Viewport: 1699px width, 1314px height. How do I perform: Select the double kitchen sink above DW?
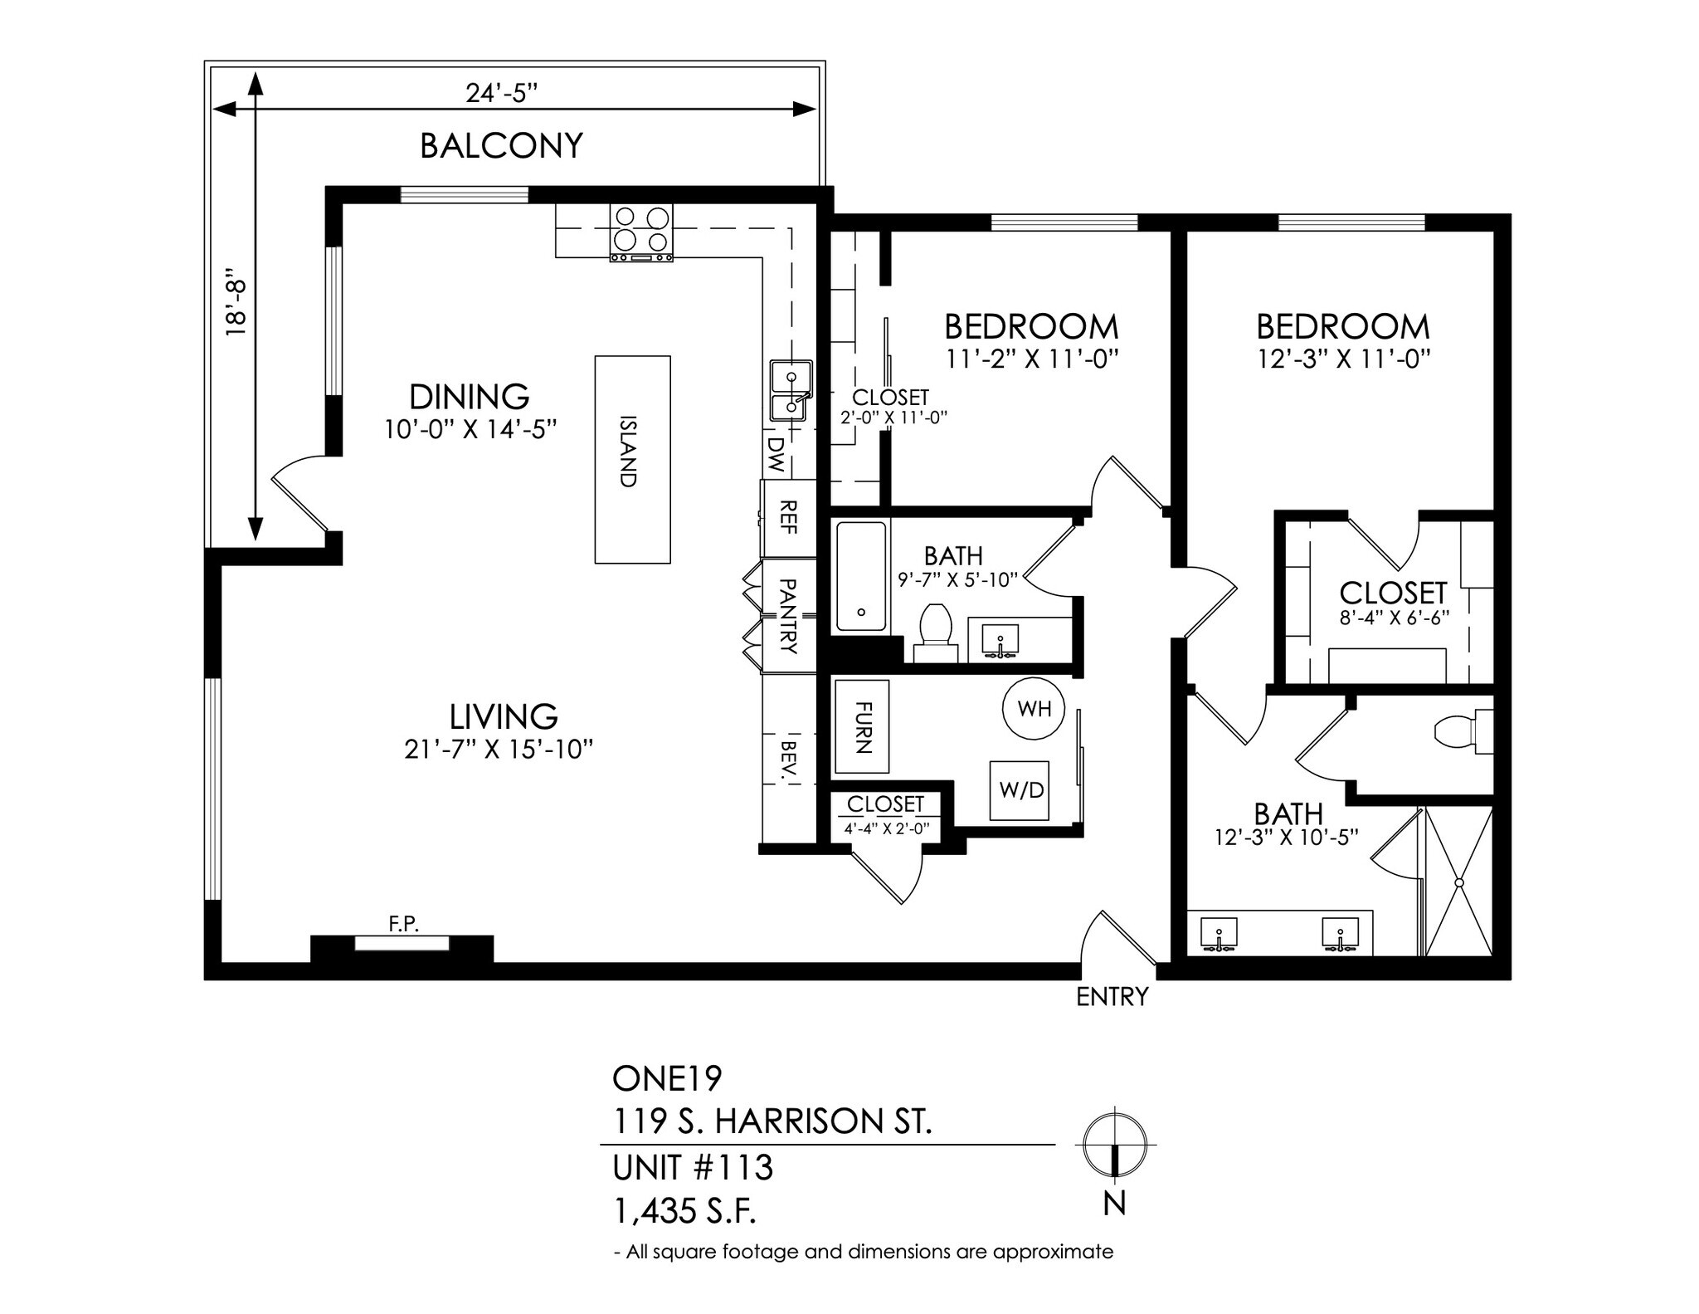click(791, 390)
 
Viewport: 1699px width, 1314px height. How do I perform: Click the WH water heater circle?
click(1034, 708)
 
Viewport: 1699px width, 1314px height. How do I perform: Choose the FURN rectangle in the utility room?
click(862, 727)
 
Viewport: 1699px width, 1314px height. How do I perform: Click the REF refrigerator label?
click(789, 516)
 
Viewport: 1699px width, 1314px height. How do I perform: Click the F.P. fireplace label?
click(404, 923)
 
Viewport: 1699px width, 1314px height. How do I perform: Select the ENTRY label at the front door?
click(1112, 996)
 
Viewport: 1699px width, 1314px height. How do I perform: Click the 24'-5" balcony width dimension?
click(502, 93)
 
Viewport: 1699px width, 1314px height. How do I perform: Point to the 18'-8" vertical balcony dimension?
click(238, 306)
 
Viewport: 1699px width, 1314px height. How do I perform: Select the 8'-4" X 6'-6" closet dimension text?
click(1394, 618)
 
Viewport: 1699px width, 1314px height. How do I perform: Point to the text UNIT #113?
click(693, 1168)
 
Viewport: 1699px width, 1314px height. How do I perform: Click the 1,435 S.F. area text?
click(684, 1212)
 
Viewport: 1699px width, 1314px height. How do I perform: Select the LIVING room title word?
click(504, 716)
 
